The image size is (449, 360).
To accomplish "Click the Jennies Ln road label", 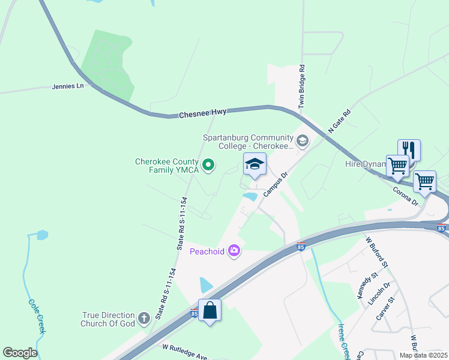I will pyautogui.click(x=68, y=86).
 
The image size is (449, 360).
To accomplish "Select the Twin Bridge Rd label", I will pyautogui.click(x=303, y=88).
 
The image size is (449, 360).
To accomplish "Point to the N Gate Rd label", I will pyautogui.click(x=339, y=122).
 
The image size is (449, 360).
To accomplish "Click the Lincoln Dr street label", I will pyautogui.click(x=382, y=293).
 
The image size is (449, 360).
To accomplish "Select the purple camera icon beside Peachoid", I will pyautogui.click(x=234, y=251).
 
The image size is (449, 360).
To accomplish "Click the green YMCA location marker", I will pyautogui.click(x=208, y=164).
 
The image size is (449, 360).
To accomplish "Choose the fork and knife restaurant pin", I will pyautogui.click(x=409, y=149).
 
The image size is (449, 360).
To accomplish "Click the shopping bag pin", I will pyautogui.click(x=209, y=310).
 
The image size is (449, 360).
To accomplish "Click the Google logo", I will pyautogui.click(x=20, y=353).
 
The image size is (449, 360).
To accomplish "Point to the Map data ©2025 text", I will pyautogui.click(x=423, y=355).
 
